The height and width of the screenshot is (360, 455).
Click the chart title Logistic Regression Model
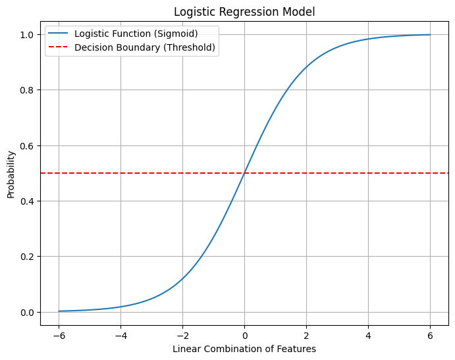coord(244,11)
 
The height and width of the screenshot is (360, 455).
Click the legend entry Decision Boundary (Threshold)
coord(145,47)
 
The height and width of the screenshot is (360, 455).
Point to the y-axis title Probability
coord(11,174)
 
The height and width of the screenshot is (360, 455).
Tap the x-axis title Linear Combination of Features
coord(244,349)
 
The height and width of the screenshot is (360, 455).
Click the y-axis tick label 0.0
coord(27,312)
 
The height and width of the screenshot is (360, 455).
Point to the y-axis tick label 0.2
coord(27,257)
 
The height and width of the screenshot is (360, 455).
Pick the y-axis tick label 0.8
coord(27,90)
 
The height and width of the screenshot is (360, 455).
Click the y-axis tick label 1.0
coord(27,34)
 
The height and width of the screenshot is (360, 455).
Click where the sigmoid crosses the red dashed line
coord(244,173)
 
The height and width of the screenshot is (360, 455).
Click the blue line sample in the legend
coord(58,34)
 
